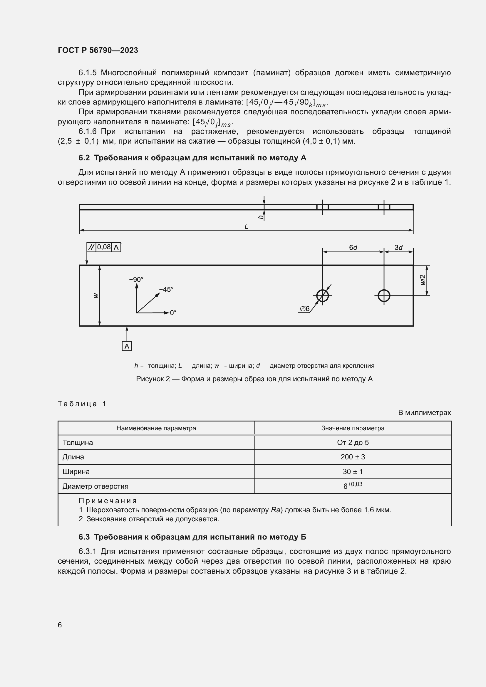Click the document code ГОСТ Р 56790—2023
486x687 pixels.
pyautogui.click(x=98, y=50)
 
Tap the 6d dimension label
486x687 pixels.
pyautogui.click(x=353, y=247)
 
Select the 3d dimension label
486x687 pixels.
pyautogui.click(x=398, y=247)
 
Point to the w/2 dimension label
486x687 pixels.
pyautogui.click(x=423, y=280)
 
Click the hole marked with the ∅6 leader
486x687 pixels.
pyautogui.click(x=322, y=296)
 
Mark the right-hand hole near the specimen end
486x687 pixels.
pyautogui.click(x=384, y=296)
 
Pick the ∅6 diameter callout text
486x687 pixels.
pyautogui.click(x=305, y=308)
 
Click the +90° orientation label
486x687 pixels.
pyautogui.click(x=136, y=279)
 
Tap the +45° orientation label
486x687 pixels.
pyautogui.click(x=166, y=289)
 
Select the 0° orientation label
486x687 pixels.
pyautogui.click(x=173, y=313)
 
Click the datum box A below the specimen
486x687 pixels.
pyautogui.click(x=127, y=346)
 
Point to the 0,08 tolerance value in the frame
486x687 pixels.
pyautogui.click(x=104, y=247)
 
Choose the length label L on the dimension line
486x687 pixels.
pyautogui.click(x=246, y=226)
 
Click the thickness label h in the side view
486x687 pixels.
pyautogui.click(x=261, y=217)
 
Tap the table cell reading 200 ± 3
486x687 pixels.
pyautogui.click(x=353, y=457)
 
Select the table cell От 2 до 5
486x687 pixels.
pyautogui.click(x=353, y=443)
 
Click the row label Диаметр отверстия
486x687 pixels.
pyautogui.click(x=95, y=486)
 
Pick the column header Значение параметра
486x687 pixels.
pyautogui.click(x=353, y=428)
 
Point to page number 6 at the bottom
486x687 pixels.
pyautogui.click(x=60, y=625)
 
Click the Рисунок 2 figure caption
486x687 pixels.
pyautogui.click(x=254, y=379)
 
